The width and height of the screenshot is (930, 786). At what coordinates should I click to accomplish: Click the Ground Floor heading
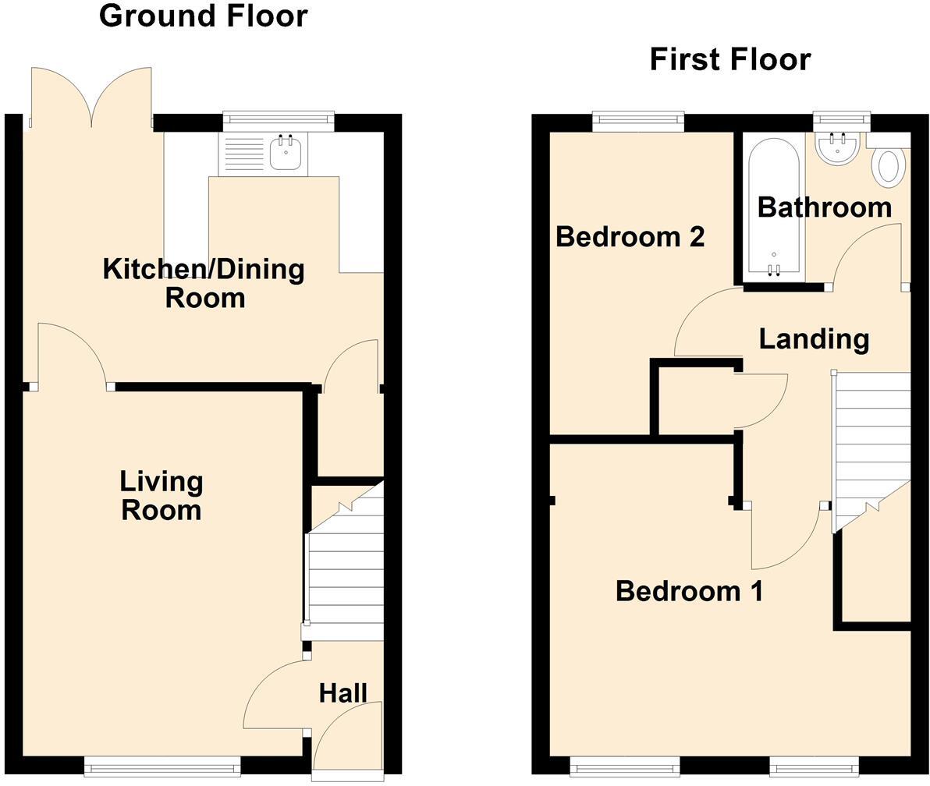coord(203,16)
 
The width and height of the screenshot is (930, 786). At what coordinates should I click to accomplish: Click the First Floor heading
coord(729,59)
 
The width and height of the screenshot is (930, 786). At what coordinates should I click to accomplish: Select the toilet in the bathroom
coord(888,166)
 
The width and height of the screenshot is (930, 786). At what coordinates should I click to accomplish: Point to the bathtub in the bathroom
coord(773,207)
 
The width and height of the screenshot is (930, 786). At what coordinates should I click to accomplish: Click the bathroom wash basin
coord(838,147)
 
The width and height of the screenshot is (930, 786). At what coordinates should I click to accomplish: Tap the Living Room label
coord(161,496)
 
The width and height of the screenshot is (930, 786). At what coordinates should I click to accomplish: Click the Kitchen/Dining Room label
coord(204,283)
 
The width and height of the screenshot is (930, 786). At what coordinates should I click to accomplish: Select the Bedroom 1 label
coord(689,591)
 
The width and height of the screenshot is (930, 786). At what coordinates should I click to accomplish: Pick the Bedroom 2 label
coord(630,235)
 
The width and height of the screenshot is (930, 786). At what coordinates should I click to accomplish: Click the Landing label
coord(814,339)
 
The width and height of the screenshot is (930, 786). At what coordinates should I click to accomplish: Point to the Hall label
coord(343,692)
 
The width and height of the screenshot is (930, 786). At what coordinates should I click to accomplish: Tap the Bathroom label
coord(824,207)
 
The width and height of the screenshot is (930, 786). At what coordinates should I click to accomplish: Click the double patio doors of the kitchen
coord(91,97)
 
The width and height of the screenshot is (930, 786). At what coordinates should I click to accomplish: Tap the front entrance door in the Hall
coord(348,737)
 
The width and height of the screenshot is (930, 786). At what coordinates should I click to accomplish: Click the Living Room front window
coord(162,769)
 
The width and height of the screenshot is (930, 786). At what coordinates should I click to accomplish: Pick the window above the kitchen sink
coord(278,120)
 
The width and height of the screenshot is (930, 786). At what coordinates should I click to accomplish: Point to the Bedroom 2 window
coord(638,120)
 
